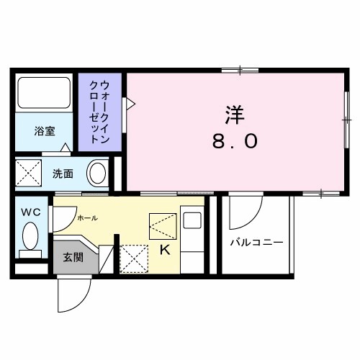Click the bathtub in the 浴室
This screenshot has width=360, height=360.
click(42, 94)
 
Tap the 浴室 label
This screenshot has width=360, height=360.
click(45, 131)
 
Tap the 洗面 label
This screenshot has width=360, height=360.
click(63, 174)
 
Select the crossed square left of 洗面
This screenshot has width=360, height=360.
click(30, 174)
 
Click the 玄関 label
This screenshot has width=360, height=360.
click(71, 256)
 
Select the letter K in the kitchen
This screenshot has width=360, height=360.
click(164, 251)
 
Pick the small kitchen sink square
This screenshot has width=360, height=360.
click(193, 221)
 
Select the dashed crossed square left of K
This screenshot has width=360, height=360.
click(132, 258)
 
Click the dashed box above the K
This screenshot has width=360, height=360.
click(163, 227)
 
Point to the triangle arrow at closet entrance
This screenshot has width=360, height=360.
click(131, 104)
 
